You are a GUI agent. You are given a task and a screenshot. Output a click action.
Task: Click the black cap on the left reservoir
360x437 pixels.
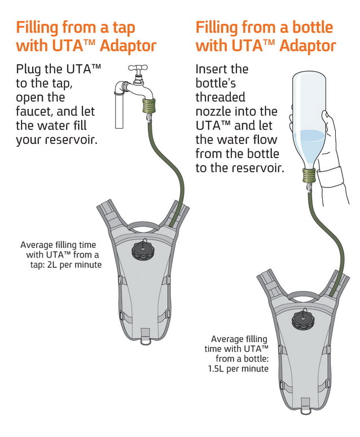point(143,248)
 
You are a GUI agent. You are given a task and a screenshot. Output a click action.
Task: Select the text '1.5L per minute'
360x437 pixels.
point(239,369)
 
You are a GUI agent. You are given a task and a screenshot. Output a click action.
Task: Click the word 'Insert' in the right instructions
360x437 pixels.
point(214,69)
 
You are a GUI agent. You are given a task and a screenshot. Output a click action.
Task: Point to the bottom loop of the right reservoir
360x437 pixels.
point(305,404)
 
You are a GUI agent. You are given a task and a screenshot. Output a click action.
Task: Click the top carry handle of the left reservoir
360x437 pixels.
point(144,228)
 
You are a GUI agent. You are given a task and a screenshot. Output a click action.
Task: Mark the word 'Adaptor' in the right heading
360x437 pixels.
point(307,46)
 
